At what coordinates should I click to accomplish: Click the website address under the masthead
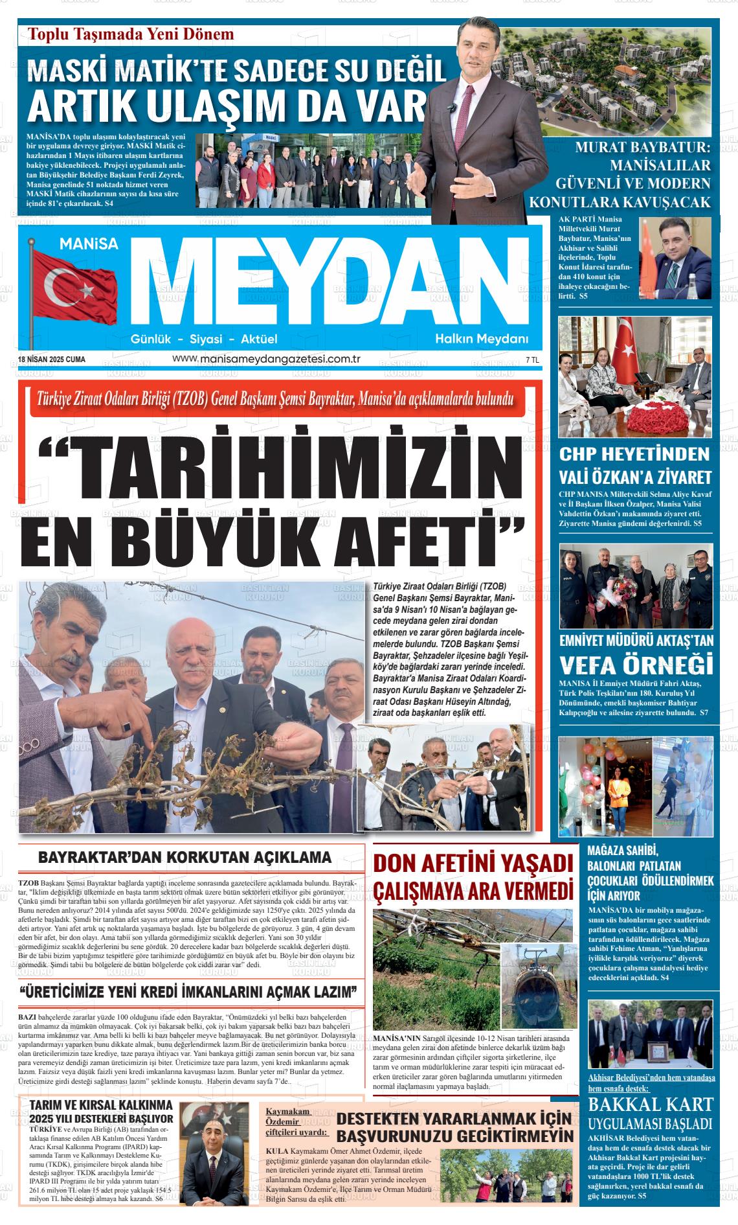(266, 359)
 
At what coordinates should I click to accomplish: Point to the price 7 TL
(532, 360)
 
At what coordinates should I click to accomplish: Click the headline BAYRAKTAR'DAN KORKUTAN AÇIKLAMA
(185, 858)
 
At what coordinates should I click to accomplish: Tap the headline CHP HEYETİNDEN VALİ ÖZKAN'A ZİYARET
(635, 465)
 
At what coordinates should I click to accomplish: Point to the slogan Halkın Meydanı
(482, 339)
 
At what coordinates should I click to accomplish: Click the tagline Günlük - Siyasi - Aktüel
(204, 339)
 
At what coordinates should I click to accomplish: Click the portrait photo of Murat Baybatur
(674, 260)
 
